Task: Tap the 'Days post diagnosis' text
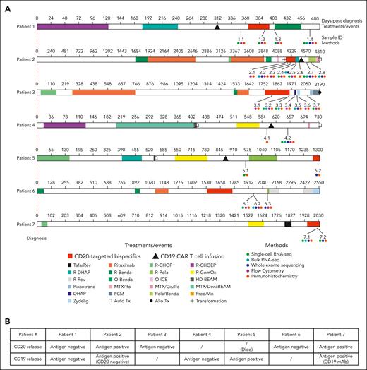point(345,16)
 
